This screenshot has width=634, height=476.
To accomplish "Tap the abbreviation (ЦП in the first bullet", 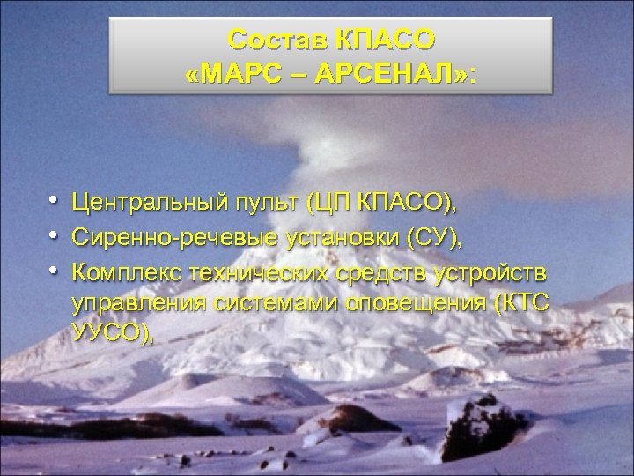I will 326,205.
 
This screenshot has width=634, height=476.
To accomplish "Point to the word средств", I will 384,270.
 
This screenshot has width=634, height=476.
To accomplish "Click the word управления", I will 137,301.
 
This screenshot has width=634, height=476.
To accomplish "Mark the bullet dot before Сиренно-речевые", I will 55,237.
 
